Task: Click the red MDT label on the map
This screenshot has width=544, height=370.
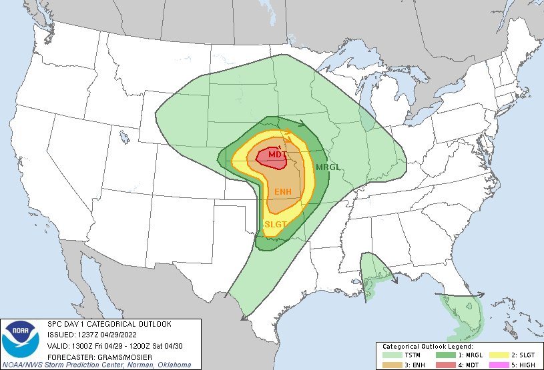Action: (x=276, y=155)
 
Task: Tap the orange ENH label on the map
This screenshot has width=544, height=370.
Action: (x=283, y=192)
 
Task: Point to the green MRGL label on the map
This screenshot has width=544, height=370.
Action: (x=328, y=167)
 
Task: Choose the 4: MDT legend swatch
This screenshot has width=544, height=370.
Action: (x=441, y=365)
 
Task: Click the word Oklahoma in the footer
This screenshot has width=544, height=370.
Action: (x=173, y=365)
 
